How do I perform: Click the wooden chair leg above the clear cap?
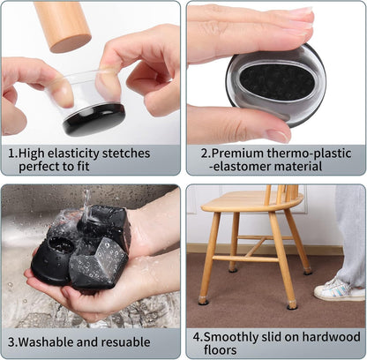62,24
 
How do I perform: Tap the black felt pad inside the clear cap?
94,118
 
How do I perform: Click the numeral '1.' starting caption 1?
12,153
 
